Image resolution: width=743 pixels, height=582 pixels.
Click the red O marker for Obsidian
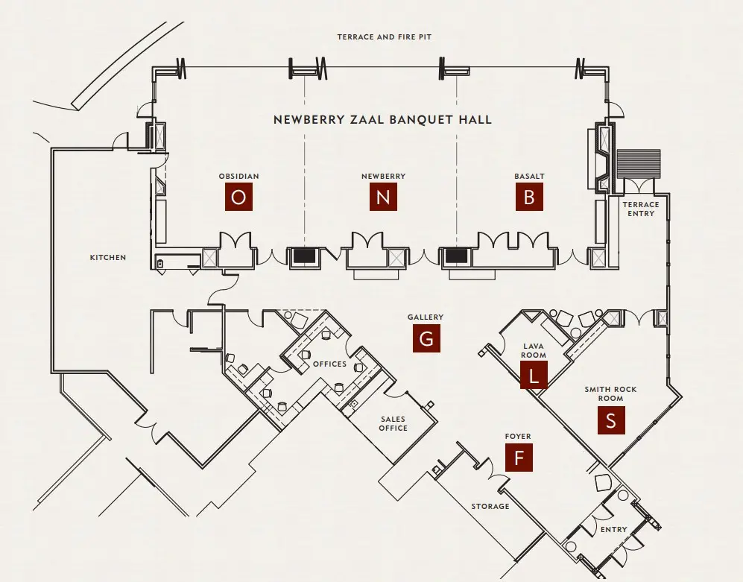(x=238, y=197)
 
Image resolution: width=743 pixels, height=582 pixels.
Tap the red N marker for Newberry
(x=383, y=197)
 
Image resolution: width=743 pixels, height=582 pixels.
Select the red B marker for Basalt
(x=529, y=197)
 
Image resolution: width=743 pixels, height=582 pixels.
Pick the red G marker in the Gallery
(x=426, y=339)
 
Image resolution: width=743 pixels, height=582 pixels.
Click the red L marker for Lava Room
(x=534, y=376)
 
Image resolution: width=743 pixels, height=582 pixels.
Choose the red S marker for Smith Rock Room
(x=611, y=421)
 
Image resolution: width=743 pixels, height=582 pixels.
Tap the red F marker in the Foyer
(x=519, y=458)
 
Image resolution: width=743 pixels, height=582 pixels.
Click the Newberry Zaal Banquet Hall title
(x=382, y=119)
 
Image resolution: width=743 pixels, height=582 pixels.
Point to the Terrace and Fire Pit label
(x=384, y=37)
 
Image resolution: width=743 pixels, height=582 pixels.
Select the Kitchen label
(x=108, y=258)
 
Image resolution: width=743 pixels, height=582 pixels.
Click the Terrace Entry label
(x=641, y=209)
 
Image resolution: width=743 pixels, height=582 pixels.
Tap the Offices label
(x=330, y=364)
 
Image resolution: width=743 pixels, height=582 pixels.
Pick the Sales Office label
(x=393, y=424)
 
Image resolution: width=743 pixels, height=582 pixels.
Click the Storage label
(x=490, y=507)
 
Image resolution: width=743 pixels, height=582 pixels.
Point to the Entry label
(x=614, y=530)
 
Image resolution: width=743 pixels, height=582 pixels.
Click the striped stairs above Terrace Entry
(x=639, y=163)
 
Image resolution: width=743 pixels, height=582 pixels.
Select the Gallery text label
(x=426, y=317)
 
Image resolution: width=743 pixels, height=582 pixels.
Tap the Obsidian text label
(x=238, y=177)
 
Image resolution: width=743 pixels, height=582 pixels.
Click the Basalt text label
(x=529, y=177)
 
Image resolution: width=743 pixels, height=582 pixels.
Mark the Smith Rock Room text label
(x=610, y=393)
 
